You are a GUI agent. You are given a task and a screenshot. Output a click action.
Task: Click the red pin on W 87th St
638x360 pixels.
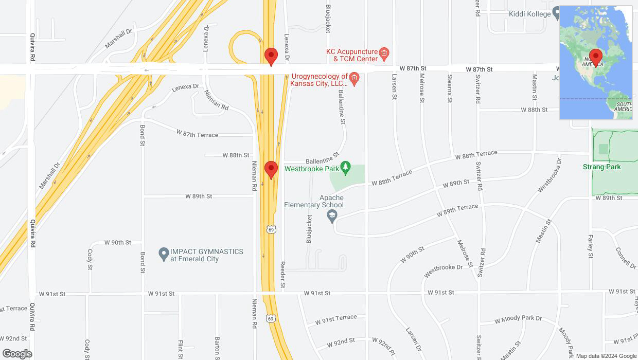coord(271,56)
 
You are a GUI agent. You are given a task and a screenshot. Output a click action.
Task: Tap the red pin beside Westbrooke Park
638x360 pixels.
coord(271,169)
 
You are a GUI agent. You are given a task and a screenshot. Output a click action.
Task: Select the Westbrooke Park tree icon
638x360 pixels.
coord(346,167)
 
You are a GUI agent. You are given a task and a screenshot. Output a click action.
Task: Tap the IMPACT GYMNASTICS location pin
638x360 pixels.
coord(164,253)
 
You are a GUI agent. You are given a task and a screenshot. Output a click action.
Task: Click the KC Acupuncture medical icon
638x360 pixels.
coord(384,52)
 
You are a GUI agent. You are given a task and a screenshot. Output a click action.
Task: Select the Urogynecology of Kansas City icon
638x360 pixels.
coord(354,78)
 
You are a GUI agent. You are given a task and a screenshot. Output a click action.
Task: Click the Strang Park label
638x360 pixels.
coord(601,167)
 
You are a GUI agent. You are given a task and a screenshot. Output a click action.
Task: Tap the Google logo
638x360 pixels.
coord(16,353)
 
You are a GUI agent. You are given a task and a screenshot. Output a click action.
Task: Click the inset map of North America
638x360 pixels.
coord(595,63)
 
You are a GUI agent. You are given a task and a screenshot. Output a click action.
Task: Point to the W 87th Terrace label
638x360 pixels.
coord(197,134)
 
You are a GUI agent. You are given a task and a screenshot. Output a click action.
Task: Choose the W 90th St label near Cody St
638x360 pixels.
coord(118,242)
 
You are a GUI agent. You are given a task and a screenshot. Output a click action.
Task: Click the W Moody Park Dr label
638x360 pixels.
coord(518,319)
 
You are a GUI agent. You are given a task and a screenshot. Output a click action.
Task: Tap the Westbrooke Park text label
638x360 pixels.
coord(312,168)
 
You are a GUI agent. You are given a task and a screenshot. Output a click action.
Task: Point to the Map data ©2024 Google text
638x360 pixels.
coord(606,356)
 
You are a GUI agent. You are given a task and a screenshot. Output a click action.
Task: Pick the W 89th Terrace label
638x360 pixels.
coord(457,210)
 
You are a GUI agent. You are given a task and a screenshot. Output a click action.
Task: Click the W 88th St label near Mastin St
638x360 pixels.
coord(534,110)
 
